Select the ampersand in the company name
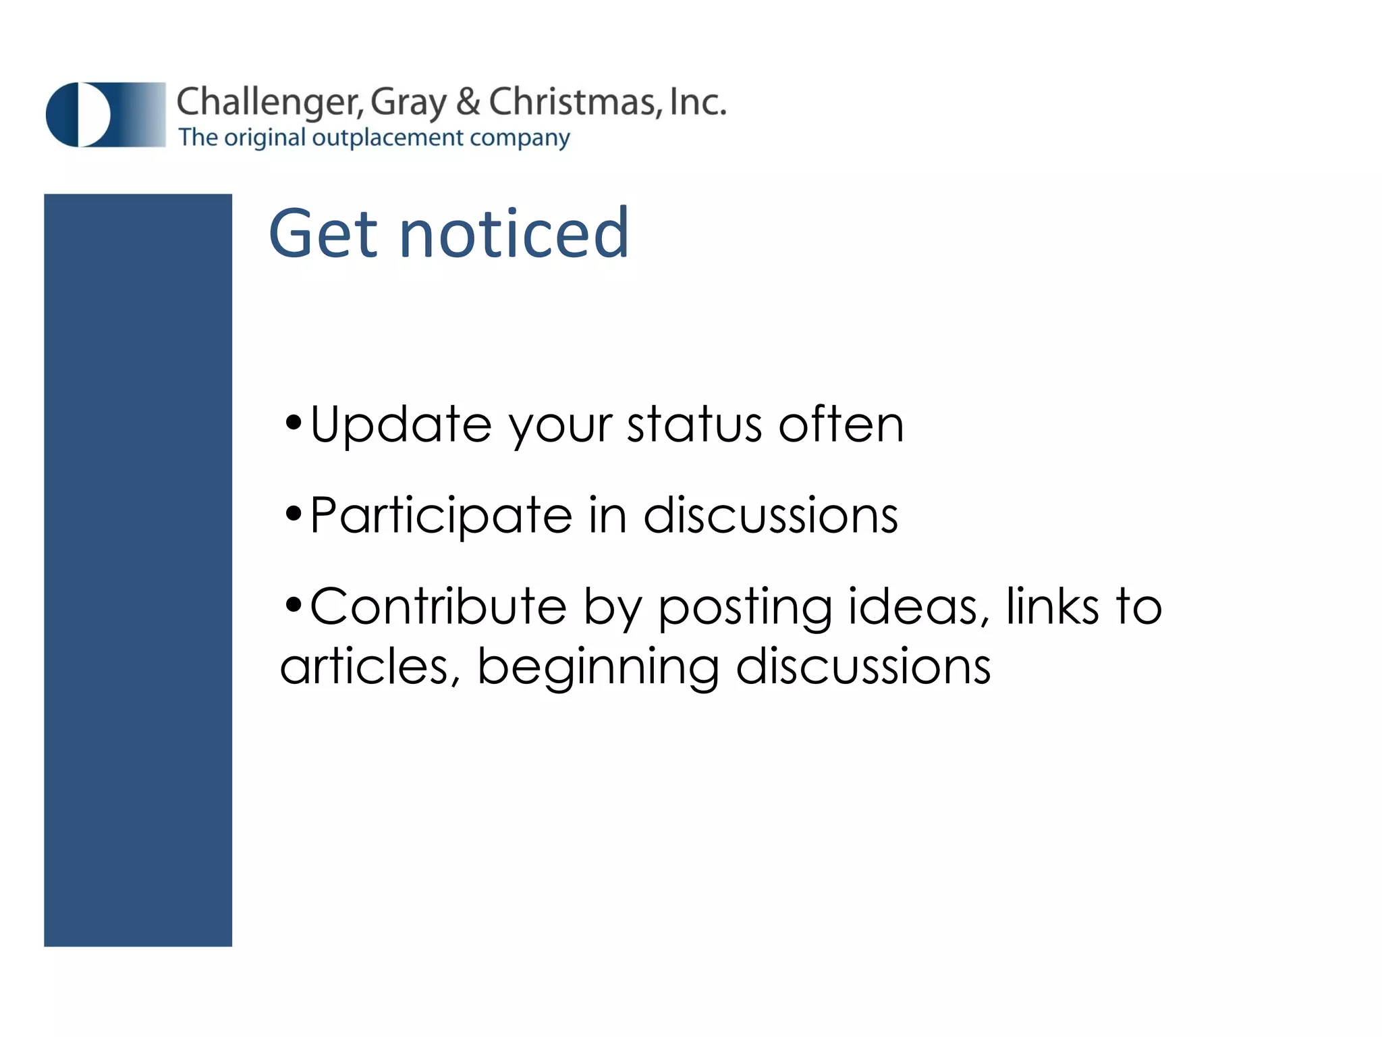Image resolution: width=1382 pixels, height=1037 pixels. [x=468, y=103]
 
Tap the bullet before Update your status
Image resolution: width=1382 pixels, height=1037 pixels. [x=293, y=424]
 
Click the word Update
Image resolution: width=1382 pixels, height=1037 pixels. [x=401, y=425]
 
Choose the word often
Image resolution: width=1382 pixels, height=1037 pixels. [x=841, y=425]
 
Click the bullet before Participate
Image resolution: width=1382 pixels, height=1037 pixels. [x=293, y=515]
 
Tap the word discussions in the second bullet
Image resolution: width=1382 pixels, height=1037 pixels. [x=770, y=516]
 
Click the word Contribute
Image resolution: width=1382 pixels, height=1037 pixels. [x=438, y=606]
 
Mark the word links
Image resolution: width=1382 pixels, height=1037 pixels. [x=1052, y=606]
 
